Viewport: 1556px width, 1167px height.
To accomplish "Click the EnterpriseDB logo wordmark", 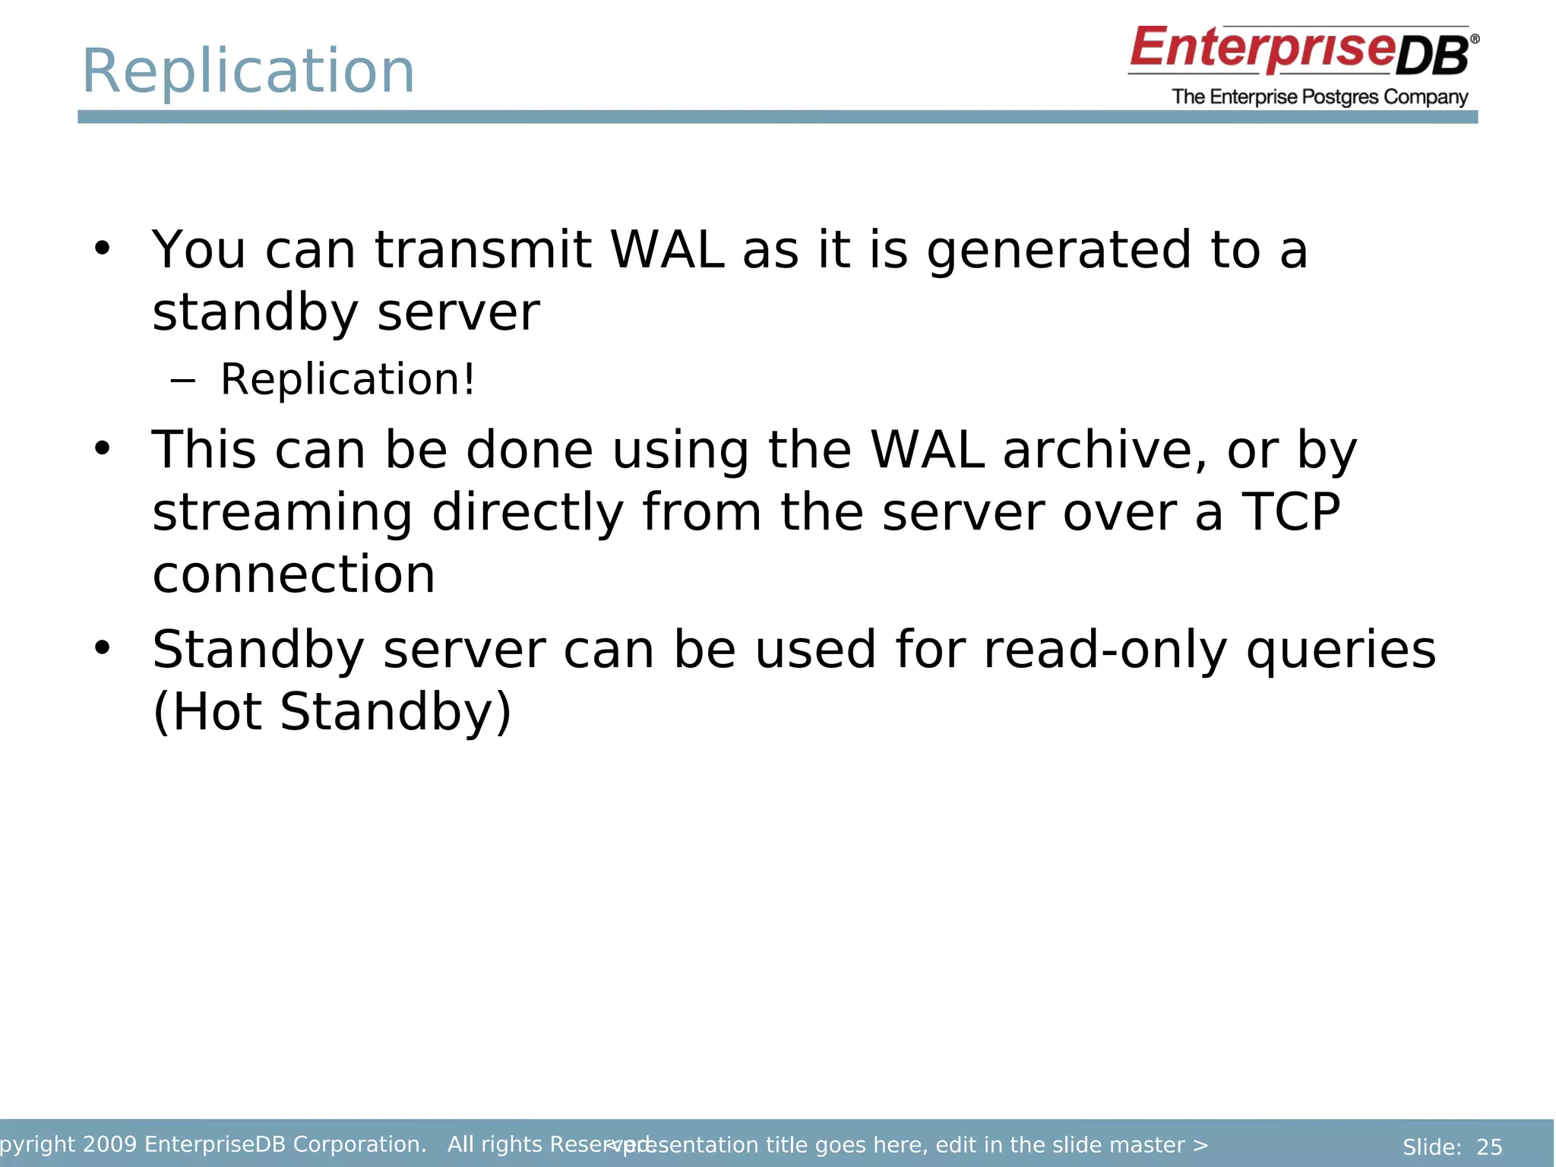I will pos(1302,50).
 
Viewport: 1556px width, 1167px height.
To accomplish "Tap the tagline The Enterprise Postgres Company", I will pos(1320,97).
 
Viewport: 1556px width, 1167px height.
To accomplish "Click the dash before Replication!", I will pos(182,379).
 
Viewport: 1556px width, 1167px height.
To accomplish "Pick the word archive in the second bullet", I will pos(1104,450).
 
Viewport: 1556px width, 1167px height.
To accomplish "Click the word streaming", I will pos(282,513).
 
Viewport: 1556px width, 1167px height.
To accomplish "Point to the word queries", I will pos(1340,652).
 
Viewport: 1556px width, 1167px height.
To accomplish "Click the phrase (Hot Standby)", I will pos(332,712).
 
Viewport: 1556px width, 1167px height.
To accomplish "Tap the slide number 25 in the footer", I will pos(1489,1146).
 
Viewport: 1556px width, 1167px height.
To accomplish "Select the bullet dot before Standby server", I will pos(103,648).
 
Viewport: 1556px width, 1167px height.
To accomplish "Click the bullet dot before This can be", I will pos(103,448).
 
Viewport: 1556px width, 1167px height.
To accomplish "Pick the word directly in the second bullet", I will pos(527,513).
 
